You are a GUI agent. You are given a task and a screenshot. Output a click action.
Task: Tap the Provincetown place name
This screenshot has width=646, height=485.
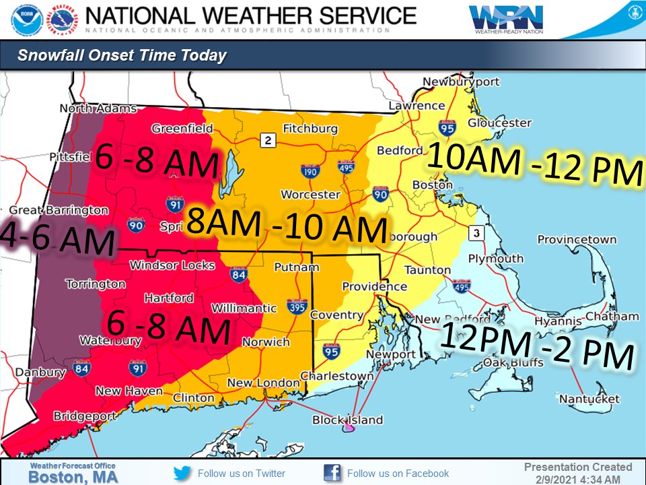pos(577,240)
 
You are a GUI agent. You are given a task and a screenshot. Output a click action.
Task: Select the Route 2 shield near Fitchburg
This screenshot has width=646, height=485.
pos(268,140)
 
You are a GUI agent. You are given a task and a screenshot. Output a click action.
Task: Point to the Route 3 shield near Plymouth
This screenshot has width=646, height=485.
pos(476,232)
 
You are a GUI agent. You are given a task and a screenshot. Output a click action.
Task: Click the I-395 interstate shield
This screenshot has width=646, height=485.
pos(293,305)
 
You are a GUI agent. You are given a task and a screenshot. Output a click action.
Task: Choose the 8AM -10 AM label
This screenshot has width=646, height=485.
pos(286,226)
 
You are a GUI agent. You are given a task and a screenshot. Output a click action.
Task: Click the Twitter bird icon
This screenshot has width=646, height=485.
pos(182,473)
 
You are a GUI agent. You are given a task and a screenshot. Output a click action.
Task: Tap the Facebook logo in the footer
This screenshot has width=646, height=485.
pos(332,473)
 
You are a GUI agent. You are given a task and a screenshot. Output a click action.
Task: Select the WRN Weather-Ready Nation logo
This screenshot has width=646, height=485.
pos(499,20)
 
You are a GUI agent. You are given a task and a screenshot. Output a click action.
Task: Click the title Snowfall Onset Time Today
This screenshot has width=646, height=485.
pos(122,56)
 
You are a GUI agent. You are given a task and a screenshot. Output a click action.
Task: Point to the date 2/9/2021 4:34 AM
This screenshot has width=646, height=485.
pos(577,479)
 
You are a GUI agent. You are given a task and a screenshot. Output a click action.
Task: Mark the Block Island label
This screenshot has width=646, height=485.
pos(347,420)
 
